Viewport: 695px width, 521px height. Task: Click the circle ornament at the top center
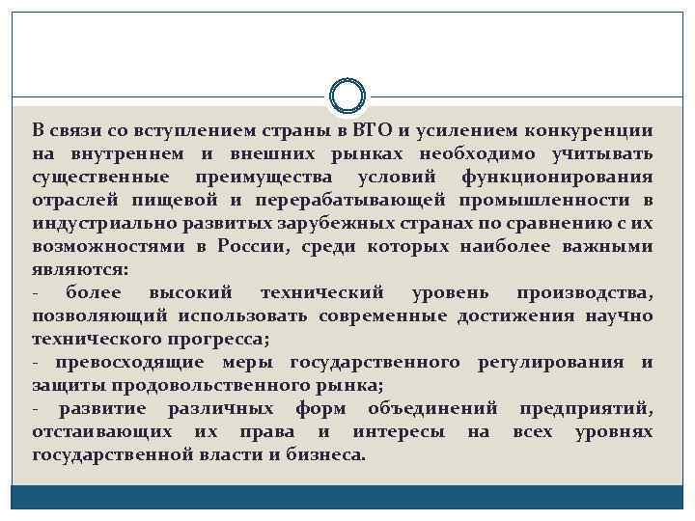[x=347, y=96]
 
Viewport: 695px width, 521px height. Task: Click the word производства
[x=584, y=292]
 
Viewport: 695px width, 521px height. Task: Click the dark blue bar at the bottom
[x=347, y=497]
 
